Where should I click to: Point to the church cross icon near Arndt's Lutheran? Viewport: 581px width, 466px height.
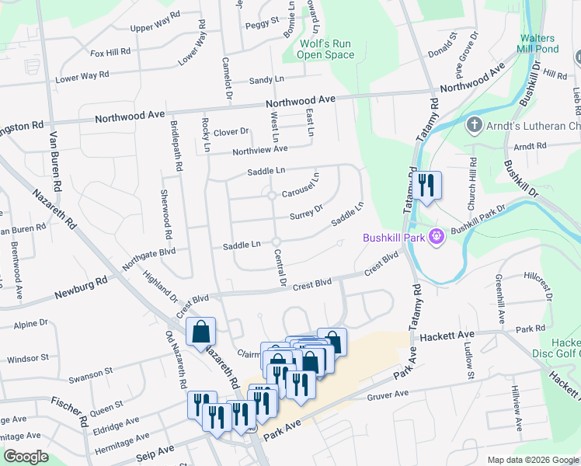tap(474, 124)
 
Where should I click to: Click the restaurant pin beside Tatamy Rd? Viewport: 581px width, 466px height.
tap(426, 186)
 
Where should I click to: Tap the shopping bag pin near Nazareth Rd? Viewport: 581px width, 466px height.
tap(201, 332)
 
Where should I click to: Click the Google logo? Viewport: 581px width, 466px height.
tap(26, 456)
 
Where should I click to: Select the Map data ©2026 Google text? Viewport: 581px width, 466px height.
tap(533, 460)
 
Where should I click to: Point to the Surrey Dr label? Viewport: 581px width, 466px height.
tap(306, 212)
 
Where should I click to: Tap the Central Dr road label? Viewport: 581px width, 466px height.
tap(281, 269)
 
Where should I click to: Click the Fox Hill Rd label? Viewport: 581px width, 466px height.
tap(110, 53)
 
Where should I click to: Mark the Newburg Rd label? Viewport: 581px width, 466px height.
tap(80, 288)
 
